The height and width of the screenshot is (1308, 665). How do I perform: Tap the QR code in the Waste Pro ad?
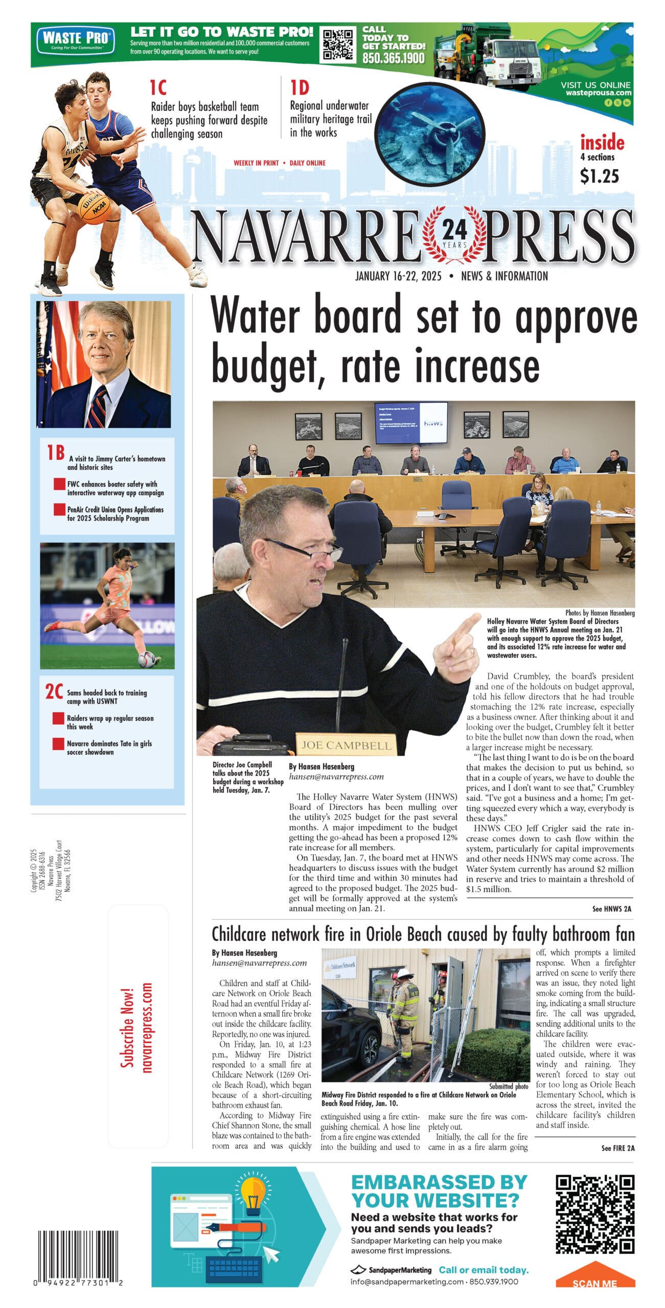pos(338,44)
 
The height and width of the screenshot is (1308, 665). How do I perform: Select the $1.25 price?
pos(599,176)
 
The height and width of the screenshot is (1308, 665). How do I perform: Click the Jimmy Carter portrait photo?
pos(104,364)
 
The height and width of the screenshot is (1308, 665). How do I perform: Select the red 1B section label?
pos(55,452)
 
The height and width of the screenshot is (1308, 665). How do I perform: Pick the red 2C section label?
pos(54,691)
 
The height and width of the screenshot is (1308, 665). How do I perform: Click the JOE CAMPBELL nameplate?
pos(346,745)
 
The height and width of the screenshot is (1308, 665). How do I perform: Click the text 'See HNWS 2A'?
pos(611,909)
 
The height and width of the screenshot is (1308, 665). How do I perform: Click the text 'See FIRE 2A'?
pos(617,1148)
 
